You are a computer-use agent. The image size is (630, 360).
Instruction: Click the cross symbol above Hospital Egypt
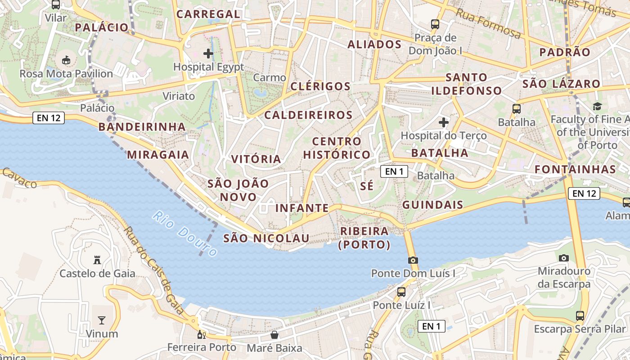point(208,54)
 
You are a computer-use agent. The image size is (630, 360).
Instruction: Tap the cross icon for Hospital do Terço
point(444,122)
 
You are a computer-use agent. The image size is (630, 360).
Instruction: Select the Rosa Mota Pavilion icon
point(66,59)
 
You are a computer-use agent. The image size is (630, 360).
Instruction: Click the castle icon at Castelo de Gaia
point(97,260)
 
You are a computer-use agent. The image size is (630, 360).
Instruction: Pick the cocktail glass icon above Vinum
point(102,320)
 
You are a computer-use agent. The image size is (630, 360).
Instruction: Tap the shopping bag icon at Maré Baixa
point(274,335)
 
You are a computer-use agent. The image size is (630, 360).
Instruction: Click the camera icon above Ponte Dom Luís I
point(413,260)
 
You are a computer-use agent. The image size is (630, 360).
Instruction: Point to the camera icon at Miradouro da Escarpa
point(563,258)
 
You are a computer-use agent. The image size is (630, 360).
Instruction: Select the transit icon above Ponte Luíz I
point(401,292)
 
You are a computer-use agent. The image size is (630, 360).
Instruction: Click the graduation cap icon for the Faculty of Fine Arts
point(597,106)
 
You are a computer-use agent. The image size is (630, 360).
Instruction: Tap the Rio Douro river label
point(184,233)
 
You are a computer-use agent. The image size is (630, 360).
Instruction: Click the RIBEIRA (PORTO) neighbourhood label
point(364,238)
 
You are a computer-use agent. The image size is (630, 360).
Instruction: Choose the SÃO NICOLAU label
point(266,238)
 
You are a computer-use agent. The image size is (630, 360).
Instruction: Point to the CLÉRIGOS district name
point(320,86)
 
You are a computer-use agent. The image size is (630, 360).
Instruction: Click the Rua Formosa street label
point(488,24)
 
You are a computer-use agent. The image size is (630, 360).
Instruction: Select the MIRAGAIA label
point(158,155)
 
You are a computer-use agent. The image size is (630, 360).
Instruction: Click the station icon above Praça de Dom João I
point(435,24)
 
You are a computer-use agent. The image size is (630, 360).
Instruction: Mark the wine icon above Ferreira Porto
point(202,334)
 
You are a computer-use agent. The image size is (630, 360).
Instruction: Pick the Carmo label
point(270,77)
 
